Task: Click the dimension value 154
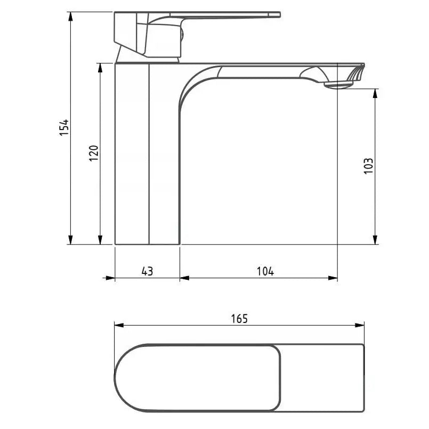tap(64, 127)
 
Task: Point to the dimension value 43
tap(147, 271)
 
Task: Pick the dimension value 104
tap(265, 271)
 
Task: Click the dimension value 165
tap(239, 318)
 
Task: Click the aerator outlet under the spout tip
tap(339, 84)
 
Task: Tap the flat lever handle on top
tap(229, 15)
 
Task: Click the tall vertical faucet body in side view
tap(147, 155)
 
